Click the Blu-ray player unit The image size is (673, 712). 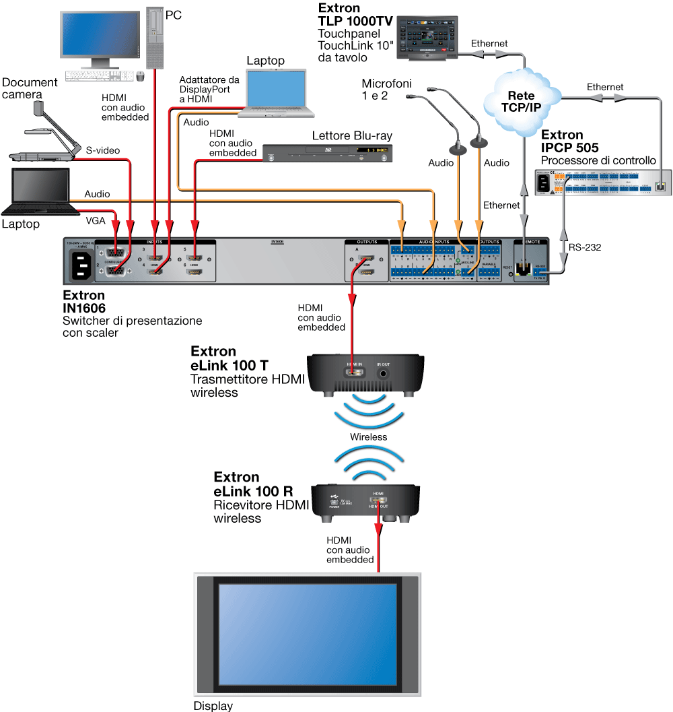point(327,154)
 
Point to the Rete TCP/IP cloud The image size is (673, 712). point(521,101)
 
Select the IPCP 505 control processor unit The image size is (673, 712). point(602,182)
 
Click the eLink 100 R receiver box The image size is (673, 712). point(366,502)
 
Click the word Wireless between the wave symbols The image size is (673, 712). point(368,436)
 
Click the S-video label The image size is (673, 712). point(102,150)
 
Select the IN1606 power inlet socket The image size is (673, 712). point(79,263)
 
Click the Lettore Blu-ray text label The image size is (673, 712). point(351,136)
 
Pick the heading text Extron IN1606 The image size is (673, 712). point(84,302)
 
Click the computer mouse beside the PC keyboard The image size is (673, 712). point(141,76)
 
